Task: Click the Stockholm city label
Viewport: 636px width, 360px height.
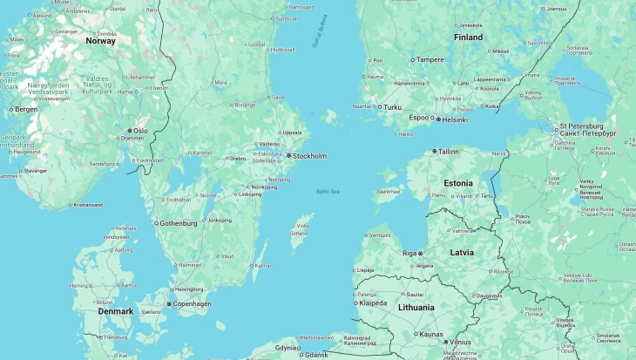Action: pos(310,156)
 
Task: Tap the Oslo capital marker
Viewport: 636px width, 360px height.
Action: pos(130,131)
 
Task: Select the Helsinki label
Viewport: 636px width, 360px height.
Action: pos(455,119)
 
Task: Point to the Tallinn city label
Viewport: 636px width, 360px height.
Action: pos(448,151)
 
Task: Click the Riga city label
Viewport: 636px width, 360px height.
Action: pos(409,253)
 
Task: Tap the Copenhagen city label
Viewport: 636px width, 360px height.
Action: pos(192,303)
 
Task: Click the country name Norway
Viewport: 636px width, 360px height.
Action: pos(100,41)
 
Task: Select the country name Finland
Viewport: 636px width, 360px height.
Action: pos(468,37)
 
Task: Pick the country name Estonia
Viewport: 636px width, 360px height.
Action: pos(458,183)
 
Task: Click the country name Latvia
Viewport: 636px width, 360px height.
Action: pos(461,252)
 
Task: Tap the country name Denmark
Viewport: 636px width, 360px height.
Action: pos(115,311)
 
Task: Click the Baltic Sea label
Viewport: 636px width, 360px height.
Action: pos(328,191)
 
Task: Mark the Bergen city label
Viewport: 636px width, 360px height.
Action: pos(26,110)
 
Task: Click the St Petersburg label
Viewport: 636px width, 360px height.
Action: pos(587,127)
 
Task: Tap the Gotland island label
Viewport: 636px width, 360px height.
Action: pos(299,233)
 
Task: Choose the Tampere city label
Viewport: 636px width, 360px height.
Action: pos(430,60)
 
